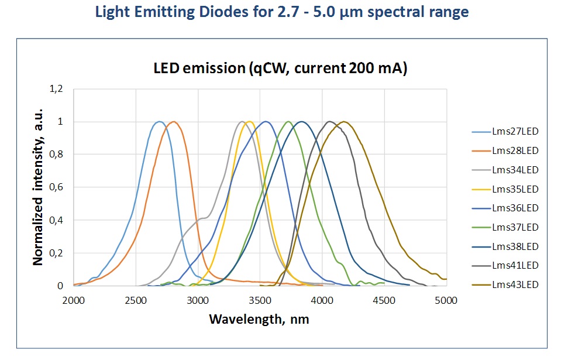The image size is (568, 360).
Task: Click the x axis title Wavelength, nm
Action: click(x=259, y=320)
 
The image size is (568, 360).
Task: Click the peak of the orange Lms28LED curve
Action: click(x=173, y=122)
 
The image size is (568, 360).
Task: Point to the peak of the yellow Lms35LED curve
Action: click(x=250, y=122)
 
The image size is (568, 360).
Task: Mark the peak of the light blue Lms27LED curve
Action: click(x=159, y=122)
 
